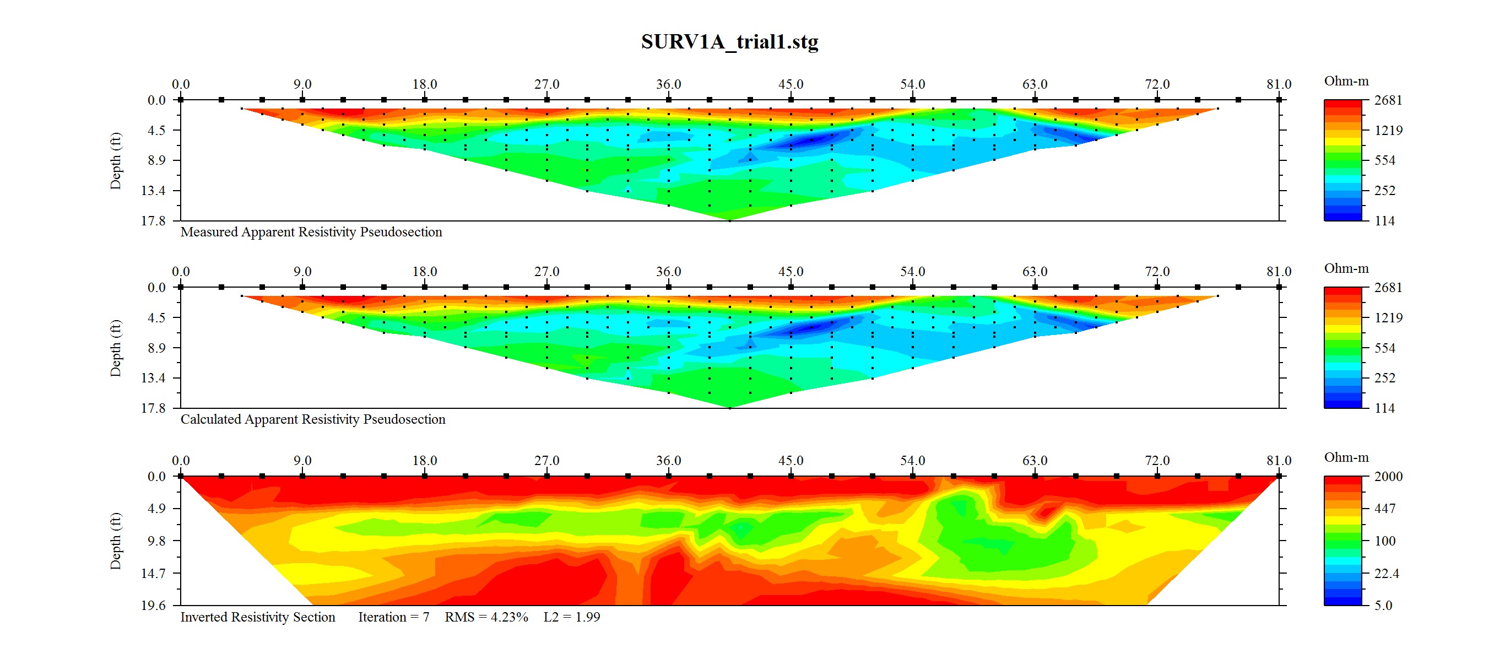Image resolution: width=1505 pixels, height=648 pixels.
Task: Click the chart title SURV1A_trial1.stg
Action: tap(729, 41)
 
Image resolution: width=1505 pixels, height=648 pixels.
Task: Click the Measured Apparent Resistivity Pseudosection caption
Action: tap(311, 232)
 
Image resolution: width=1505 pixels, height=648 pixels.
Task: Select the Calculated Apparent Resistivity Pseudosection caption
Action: tap(312, 419)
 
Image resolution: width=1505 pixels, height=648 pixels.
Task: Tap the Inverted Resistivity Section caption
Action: tap(258, 617)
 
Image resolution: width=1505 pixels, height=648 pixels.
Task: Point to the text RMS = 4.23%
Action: tap(486, 617)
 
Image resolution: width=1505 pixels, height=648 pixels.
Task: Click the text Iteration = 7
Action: tap(393, 617)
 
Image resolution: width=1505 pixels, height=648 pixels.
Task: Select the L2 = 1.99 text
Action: tap(571, 617)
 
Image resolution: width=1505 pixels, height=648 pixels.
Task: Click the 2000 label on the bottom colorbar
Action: tap(1388, 476)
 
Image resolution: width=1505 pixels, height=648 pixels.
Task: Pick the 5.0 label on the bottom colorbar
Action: tap(1383, 606)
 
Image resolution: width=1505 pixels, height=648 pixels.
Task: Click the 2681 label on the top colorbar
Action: tap(1388, 100)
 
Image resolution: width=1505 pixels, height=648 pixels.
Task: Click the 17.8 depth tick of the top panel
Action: tap(153, 221)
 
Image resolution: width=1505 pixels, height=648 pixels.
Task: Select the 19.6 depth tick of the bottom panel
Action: tap(153, 606)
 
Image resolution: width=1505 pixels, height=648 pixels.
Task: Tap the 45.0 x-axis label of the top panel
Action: tap(791, 84)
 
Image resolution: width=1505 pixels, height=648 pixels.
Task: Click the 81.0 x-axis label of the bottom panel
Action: tap(1279, 461)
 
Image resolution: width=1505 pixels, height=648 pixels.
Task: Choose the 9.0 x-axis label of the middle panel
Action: tap(302, 272)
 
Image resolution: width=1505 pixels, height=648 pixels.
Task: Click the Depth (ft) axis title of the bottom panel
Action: tap(116, 541)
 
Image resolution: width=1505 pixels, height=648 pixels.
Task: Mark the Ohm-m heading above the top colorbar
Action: tap(1346, 81)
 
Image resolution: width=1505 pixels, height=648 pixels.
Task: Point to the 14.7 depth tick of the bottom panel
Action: tap(153, 573)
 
